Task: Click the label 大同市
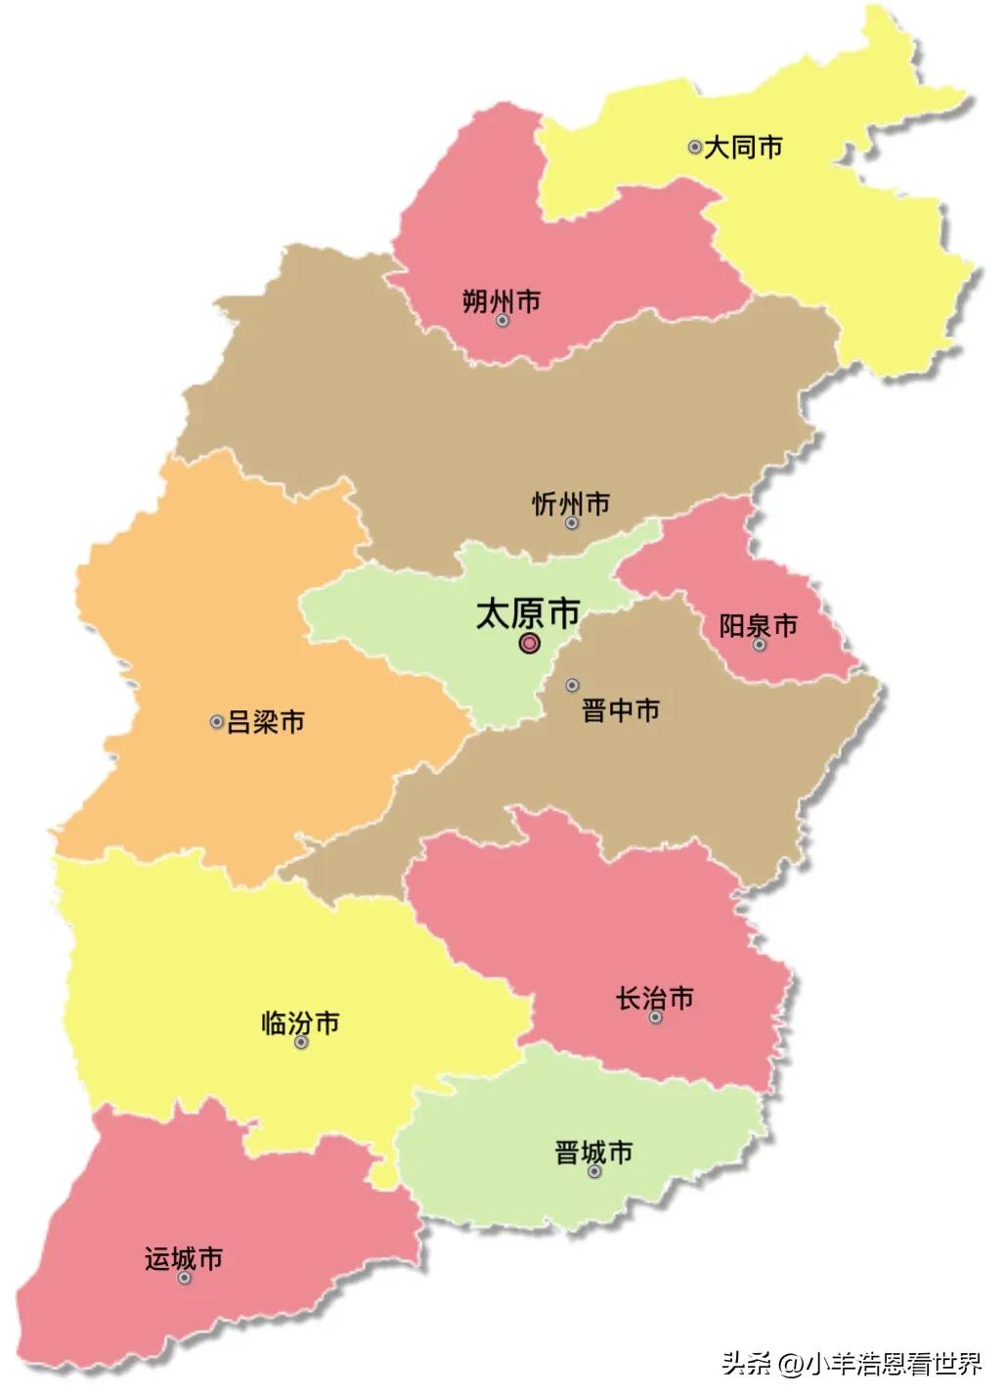click(743, 148)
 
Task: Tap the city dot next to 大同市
click(694, 147)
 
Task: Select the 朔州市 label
click(502, 300)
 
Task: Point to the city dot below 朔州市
click(502, 320)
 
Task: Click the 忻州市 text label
click(571, 504)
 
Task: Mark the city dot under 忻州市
click(572, 522)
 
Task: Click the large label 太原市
click(528, 613)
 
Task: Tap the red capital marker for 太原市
click(529, 643)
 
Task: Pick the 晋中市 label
click(621, 710)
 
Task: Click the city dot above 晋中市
click(573, 685)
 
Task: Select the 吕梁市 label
click(266, 722)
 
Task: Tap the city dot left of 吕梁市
click(217, 722)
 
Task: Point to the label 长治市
click(655, 998)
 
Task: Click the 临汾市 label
click(301, 1023)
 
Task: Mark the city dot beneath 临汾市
click(301, 1043)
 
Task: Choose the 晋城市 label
click(594, 1151)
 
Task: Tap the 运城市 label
click(184, 1258)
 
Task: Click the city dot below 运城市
click(184, 1278)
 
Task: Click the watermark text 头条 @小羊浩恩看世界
click(851, 1363)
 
